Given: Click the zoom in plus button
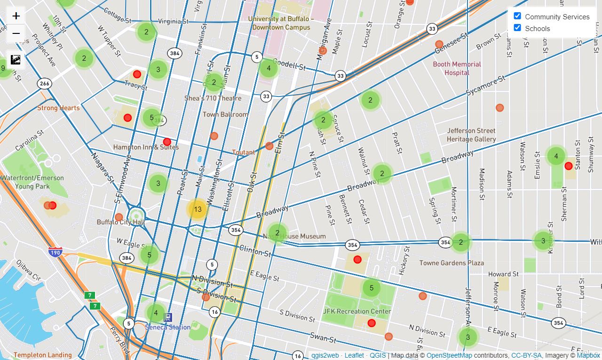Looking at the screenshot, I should [16, 16].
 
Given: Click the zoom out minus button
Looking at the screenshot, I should [16, 33].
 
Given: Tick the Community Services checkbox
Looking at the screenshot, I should [517, 16].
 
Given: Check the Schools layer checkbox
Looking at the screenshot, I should [517, 28].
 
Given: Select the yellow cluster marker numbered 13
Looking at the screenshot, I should [198, 209].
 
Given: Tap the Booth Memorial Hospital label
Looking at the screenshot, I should [457, 68].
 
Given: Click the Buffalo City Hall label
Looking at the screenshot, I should [121, 222].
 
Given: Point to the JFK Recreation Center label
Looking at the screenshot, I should [357, 311].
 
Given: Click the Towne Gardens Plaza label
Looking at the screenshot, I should [451, 263].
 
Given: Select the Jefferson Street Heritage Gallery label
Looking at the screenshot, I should [471, 135].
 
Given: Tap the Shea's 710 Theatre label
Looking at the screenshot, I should [213, 98].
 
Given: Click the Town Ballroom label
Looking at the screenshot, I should [225, 114].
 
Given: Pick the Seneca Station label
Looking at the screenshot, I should [168, 327].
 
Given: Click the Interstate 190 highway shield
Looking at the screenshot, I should [55, 252].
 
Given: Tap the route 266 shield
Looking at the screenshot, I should [44, 84].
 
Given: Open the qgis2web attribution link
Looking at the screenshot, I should [325, 355].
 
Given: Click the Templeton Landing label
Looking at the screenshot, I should [42, 355].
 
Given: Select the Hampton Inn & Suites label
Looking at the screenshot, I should [146, 147].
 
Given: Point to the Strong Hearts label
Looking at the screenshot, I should [58, 108].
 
